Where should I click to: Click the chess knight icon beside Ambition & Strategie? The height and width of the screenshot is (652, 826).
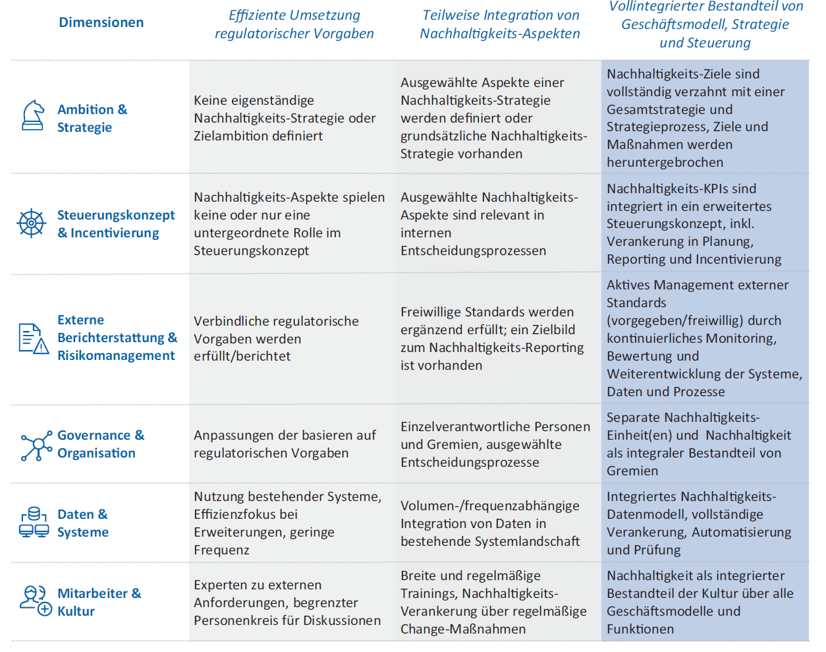tap(33, 116)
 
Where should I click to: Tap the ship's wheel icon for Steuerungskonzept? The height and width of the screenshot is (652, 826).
tap(31, 223)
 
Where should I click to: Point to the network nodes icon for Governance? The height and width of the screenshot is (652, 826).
tap(36, 446)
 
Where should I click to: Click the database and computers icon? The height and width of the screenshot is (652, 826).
tap(34, 523)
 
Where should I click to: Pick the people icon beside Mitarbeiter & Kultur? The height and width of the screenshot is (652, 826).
tap(35, 601)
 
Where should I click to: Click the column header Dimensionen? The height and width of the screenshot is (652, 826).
tap(101, 22)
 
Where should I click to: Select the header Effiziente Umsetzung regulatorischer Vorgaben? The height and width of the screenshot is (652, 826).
tap(294, 24)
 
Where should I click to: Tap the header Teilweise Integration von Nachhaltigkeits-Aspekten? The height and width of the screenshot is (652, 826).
tap(500, 24)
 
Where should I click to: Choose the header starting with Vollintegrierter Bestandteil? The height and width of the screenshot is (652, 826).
tap(705, 25)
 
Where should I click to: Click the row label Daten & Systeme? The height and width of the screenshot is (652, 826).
tap(83, 523)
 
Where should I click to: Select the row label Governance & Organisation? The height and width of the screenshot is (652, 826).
tap(100, 444)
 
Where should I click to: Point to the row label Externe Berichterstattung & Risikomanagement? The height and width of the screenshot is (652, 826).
tap(117, 338)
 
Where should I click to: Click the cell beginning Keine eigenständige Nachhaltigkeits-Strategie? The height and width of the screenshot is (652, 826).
tap(285, 118)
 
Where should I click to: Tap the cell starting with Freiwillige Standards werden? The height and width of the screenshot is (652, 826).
tap(491, 338)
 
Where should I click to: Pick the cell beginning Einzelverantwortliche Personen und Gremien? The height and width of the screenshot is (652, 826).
tap(495, 444)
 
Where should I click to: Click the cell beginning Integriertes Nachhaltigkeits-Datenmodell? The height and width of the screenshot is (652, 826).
tap(698, 523)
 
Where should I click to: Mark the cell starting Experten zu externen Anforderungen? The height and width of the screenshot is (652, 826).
tap(287, 603)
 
